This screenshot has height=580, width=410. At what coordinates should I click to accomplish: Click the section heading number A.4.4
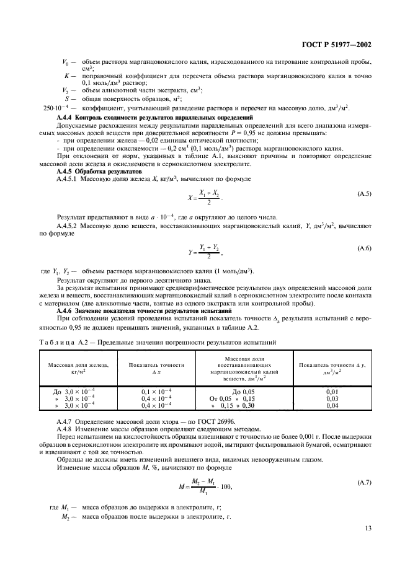[x=66, y=117]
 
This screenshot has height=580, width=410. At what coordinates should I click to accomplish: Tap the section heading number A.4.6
[x=66, y=312]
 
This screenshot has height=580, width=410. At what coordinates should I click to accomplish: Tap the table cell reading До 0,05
[x=243, y=392]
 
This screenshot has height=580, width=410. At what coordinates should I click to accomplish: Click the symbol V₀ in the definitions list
[x=66, y=63]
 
